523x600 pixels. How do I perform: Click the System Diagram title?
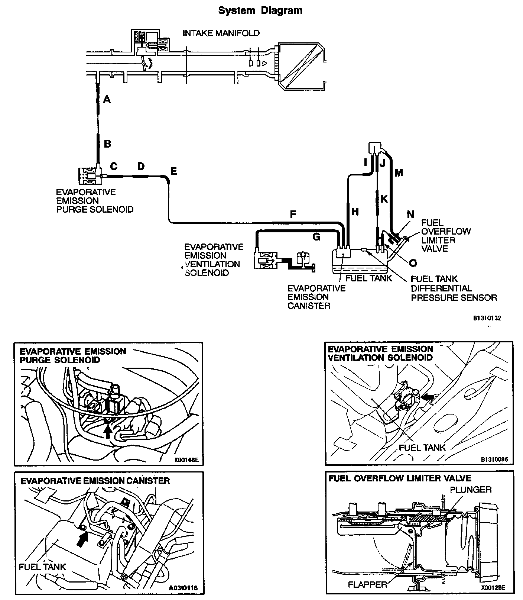pos(260,10)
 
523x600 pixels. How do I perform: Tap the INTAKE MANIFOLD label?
pos(221,33)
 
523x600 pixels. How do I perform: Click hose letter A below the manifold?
pos(107,99)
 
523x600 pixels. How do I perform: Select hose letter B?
pos(107,143)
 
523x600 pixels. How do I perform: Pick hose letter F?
pos(293,214)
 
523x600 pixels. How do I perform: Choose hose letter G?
pos(316,237)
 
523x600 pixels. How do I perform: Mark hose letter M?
pos(399,172)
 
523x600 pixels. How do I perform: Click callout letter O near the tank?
pos(413,263)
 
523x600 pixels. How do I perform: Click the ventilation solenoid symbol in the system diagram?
pos(264,260)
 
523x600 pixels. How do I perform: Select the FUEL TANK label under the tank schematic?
pos(368,278)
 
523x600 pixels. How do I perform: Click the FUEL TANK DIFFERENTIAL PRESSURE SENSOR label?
pos(454,288)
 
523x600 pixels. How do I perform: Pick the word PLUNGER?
pos(471,490)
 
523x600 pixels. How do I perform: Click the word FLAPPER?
pos(367,584)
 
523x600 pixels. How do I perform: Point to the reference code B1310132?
pos(487,318)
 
